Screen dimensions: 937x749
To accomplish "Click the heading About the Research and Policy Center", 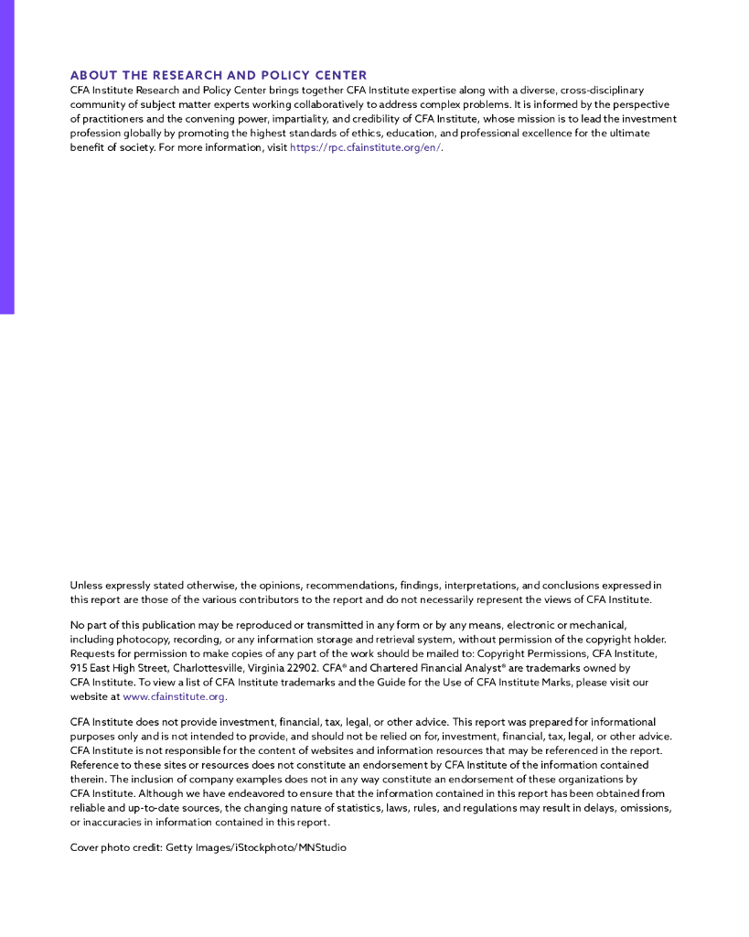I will click(219, 75).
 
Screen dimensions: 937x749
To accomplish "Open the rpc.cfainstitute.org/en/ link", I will click(365, 147).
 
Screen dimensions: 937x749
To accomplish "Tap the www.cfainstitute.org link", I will click(174, 696).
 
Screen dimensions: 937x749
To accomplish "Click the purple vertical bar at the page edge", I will click(6, 156).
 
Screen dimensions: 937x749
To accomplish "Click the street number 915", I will click(80, 668).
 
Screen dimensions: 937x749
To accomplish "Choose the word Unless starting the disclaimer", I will click(87, 585).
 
